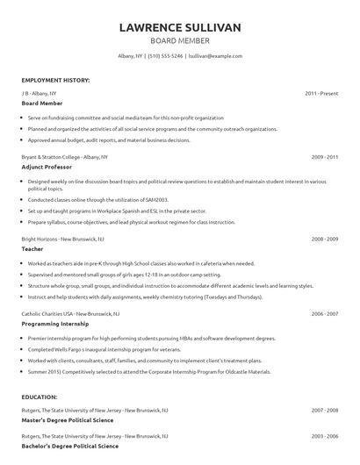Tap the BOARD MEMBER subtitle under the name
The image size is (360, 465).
tap(180, 40)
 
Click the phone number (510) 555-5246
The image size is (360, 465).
tap(167, 55)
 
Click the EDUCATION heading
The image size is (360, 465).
tap(40, 397)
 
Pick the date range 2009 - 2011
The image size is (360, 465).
tap(325, 156)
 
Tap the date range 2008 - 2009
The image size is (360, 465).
tap(325, 239)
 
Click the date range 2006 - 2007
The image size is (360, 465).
tap(325, 313)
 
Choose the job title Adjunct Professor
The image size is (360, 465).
tap(47, 167)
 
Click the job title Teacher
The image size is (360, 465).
tap(32, 249)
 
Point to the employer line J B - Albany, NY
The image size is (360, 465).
tap(39, 92)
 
